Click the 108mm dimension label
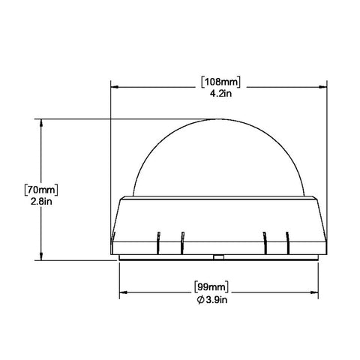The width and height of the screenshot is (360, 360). [221, 82]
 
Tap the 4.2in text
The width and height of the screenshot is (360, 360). [220, 94]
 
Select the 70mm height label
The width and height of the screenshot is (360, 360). [41, 190]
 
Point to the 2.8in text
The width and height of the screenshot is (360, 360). [41, 202]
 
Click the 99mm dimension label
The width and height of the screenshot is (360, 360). [211, 286]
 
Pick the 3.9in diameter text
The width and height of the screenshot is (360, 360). [217, 299]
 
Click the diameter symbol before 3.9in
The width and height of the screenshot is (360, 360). [200, 300]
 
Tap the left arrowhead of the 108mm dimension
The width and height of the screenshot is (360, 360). [114, 87]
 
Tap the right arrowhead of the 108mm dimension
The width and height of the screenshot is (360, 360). [323, 87]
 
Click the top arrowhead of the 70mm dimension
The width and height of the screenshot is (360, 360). [41, 123]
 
